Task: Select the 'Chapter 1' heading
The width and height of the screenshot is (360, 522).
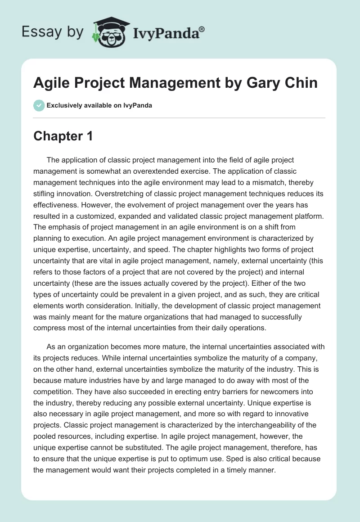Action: [x=63, y=136]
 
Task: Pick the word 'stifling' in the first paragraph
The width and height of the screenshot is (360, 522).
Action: [x=46, y=195]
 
